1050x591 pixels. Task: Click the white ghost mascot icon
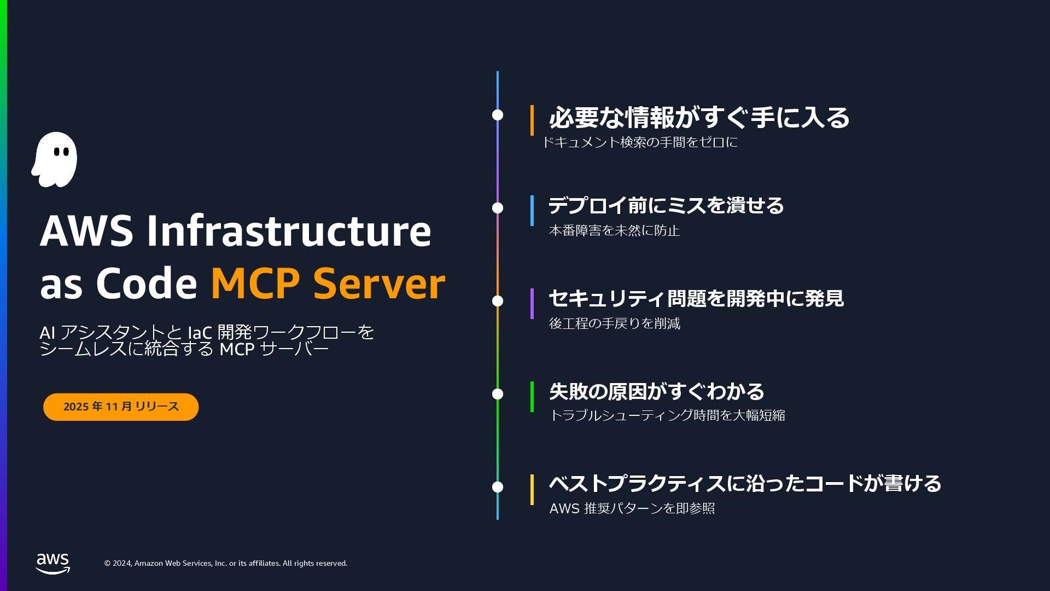click(x=55, y=159)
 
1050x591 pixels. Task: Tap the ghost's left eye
click(x=56, y=153)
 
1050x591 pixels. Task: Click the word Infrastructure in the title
click(x=289, y=231)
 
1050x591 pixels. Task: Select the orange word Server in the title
click(x=378, y=283)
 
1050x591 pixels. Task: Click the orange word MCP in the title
click(x=255, y=283)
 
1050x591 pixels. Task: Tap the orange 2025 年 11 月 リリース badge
click(x=121, y=407)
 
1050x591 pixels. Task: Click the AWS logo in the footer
click(x=53, y=564)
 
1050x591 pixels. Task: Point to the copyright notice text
click(x=226, y=563)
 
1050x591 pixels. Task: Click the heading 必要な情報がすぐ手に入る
click(x=699, y=118)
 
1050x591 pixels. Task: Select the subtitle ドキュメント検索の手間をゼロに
click(x=640, y=142)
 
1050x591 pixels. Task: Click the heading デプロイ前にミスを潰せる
click(x=666, y=206)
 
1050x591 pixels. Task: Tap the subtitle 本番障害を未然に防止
click(x=614, y=230)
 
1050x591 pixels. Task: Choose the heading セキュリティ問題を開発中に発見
click(x=696, y=299)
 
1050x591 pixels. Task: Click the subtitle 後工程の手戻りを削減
click(x=615, y=323)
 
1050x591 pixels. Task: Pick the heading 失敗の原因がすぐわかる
click(x=656, y=392)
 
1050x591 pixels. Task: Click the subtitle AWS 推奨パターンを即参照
click(x=632, y=508)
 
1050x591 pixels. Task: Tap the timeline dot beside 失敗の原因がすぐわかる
click(x=498, y=394)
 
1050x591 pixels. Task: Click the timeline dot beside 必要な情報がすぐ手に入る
click(x=498, y=115)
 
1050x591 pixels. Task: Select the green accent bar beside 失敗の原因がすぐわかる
click(x=532, y=397)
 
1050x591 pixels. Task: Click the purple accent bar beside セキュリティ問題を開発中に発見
click(x=532, y=304)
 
